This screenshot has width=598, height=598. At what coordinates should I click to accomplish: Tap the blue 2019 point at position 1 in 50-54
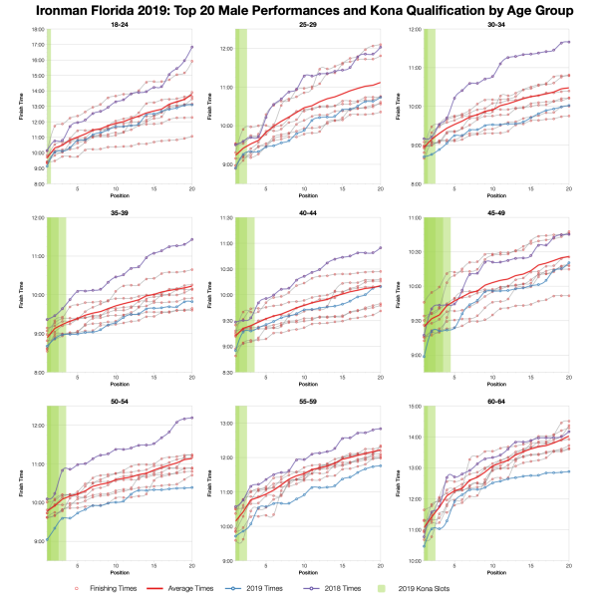coord(48,540)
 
